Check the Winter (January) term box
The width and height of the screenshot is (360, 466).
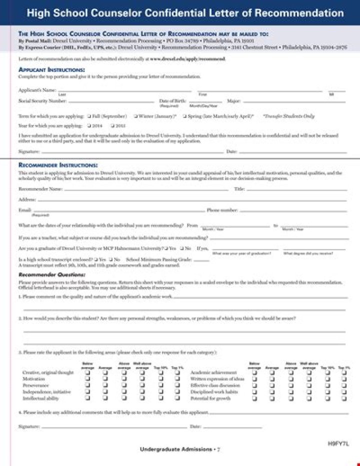pyautogui.click(x=136, y=116)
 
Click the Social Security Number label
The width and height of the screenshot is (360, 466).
pyautogui.click(x=42, y=101)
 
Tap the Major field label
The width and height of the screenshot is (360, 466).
pyautogui.click(x=233, y=101)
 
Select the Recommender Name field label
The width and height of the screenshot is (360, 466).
pyautogui.click(x=40, y=189)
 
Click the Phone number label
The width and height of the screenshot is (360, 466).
pyautogui.click(x=222, y=210)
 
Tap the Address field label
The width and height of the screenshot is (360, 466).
pyautogui.click(x=26, y=199)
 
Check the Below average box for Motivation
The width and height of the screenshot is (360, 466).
pyautogui.click(x=87, y=379)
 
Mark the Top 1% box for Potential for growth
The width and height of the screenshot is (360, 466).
pyautogui.click(x=343, y=398)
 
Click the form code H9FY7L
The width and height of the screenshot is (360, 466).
pyautogui.click(x=338, y=443)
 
